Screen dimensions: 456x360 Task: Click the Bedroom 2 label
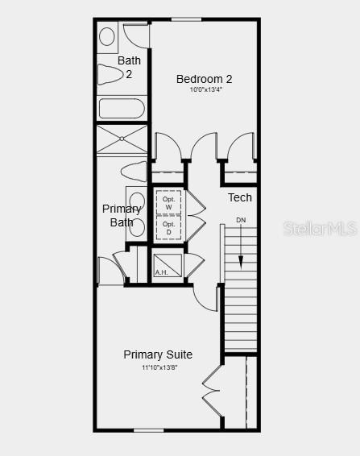tap(204, 79)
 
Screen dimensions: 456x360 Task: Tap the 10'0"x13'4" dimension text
tap(205, 90)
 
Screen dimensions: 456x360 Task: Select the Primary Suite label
tap(158, 354)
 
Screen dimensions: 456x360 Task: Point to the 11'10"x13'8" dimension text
tap(159, 367)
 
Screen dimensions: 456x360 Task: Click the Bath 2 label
tap(128, 67)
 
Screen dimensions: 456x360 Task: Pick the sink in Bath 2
tap(107, 36)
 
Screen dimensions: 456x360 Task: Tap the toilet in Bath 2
tap(110, 75)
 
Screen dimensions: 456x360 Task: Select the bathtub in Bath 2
tap(122, 108)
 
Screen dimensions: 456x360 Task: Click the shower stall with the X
tap(122, 139)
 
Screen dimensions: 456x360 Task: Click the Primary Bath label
tap(122, 215)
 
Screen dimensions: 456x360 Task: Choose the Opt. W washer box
tap(168, 202)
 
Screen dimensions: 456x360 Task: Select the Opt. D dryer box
tap(168, 228)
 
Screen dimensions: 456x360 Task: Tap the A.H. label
tap(161, 272)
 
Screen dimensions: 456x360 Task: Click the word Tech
tap(239, 197)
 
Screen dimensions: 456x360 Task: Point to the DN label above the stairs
tap(241, 220)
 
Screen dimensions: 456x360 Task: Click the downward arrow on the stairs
tap(241, 256)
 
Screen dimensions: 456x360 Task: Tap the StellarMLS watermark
tap(320, 229)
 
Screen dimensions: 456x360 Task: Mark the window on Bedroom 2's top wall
tap(186, 19)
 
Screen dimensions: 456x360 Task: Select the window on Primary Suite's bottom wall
tap(149, 430)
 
